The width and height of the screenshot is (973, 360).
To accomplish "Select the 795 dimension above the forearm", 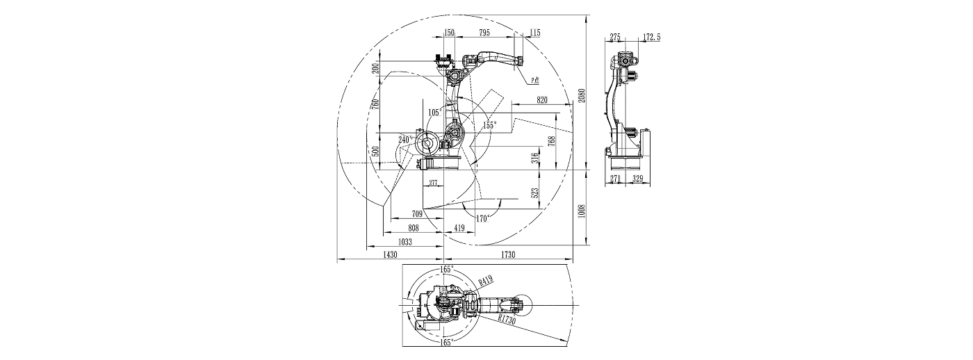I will tap(484, 33).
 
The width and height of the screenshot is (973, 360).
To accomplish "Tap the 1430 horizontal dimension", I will tap(389, 256).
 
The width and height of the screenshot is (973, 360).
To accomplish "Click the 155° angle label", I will tap(490, 125).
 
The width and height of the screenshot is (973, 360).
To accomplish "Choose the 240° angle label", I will tap(404, 139).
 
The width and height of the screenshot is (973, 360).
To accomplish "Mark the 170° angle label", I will tap(483, 218).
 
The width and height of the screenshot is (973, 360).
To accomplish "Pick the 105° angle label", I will tap(435, 112).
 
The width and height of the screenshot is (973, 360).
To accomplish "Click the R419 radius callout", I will tap(486, 280).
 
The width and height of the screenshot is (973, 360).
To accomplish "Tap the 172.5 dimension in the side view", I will tap(651, 37).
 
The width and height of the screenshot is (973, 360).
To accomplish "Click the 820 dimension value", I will tap(543, 100).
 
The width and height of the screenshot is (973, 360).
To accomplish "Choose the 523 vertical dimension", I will tap(535, 193).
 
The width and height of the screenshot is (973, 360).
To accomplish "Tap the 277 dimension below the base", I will tap(433, 183).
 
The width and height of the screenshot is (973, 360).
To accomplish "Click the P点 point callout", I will tap(536, 81).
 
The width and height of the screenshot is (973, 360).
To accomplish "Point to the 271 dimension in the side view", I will tap(614, 179).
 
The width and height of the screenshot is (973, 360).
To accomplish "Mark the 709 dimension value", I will tap(417, 214).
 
